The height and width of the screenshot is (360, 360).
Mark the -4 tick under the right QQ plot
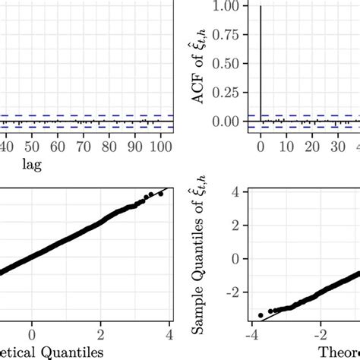click(x=251, y=333)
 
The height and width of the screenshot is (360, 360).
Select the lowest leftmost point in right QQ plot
click(x=261, y=314)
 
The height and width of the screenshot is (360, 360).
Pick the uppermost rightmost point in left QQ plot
click(x=160, y=194)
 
